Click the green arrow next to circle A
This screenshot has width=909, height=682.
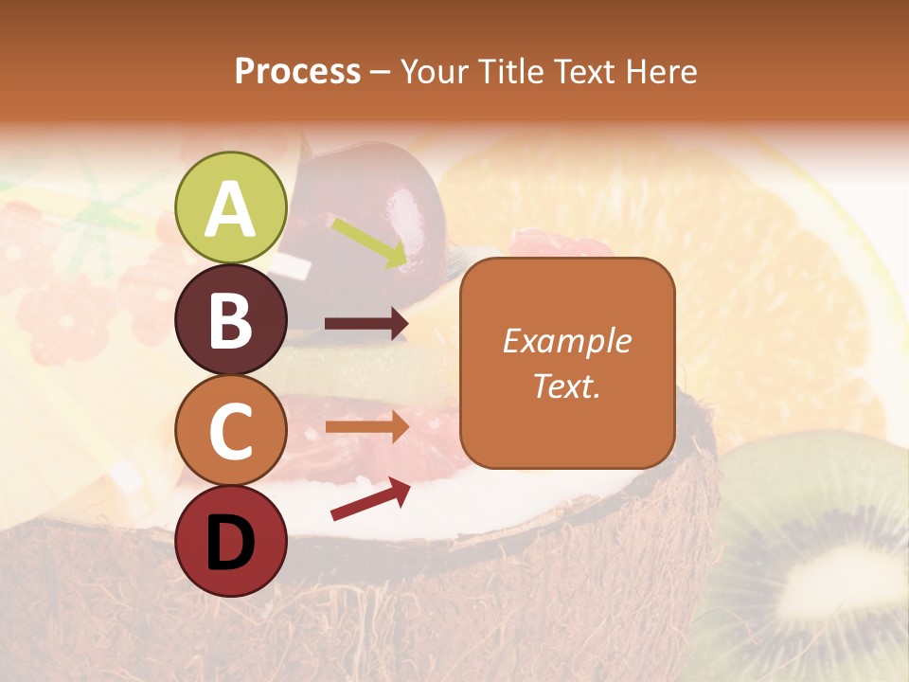[369, 242]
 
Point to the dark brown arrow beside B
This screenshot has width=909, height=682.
[366, 324]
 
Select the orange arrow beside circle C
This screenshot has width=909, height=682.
[366, 427]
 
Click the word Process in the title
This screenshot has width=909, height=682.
[297, 71]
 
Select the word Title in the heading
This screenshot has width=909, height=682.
[509, 71]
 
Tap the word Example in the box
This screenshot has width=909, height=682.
[567, 341]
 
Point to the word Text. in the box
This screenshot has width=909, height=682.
[567, 386]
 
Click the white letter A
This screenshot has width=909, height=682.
[230, 208]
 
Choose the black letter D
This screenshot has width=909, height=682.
[230, 543]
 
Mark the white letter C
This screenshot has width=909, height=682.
[230, 432]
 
